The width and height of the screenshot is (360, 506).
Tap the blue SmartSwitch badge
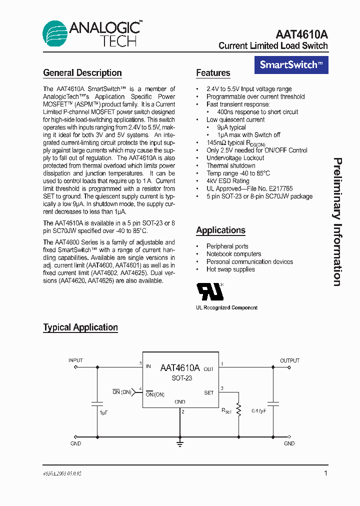click(x=291, y=65)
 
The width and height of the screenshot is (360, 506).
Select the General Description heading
click(x=82, y=73)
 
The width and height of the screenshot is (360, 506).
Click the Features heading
click(x=213, y=73)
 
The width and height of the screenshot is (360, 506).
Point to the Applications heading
click(x=220, y=230)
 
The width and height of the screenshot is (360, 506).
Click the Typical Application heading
click(x=80, y=327)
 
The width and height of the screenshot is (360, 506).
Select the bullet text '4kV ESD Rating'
click(x=228, y=181)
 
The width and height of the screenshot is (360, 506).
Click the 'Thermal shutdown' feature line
click(x=231, y=165)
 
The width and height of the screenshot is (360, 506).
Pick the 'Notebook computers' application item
click(x=233, y=254)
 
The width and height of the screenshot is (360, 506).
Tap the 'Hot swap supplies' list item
click(x=230, y=269)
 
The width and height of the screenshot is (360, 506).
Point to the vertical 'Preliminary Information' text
click(x=337, y=222)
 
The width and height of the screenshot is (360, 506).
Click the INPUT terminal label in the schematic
click(x=75, y=360)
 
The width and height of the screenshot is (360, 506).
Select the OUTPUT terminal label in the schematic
click(x=289, y=360)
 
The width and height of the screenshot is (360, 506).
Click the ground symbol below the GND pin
click(x=179, y=442)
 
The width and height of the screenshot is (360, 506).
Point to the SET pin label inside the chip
click(x=209, y=393)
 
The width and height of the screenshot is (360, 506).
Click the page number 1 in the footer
click(x=325, y=473)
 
